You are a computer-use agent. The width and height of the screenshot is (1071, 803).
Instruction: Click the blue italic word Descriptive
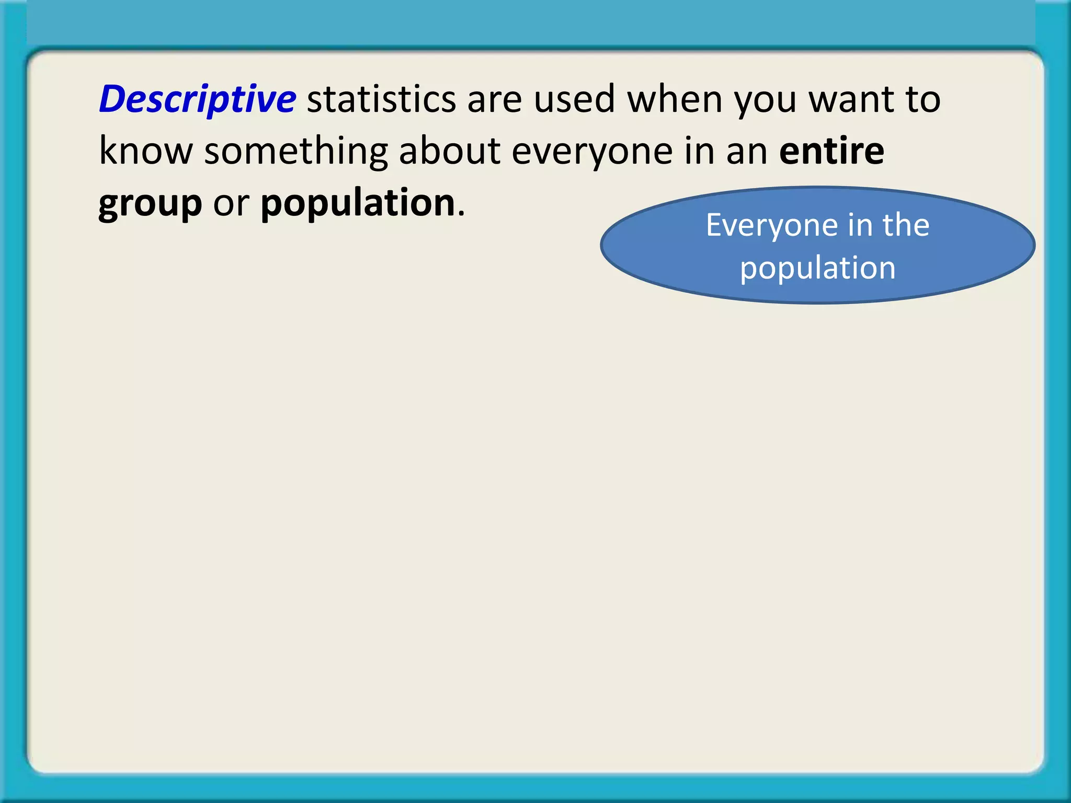197,99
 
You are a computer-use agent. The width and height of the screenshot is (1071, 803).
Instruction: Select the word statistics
381,99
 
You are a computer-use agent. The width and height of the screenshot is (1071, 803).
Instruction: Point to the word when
675,99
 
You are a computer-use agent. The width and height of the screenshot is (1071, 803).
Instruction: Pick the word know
146,151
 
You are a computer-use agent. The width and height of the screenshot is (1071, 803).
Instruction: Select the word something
295,151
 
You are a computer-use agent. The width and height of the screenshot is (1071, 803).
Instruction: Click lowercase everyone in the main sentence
592,151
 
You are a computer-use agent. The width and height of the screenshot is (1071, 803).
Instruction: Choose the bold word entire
831,151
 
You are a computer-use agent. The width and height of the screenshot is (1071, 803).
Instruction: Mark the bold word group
150,203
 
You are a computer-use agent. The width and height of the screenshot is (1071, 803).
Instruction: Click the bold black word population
358,203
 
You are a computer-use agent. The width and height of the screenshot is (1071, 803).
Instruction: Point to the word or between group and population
231,203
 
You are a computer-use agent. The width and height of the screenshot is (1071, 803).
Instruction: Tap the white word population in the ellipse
817,268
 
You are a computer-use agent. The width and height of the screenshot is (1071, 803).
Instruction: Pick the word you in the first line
766,99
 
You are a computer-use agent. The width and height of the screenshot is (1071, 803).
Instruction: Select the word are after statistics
494,99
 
